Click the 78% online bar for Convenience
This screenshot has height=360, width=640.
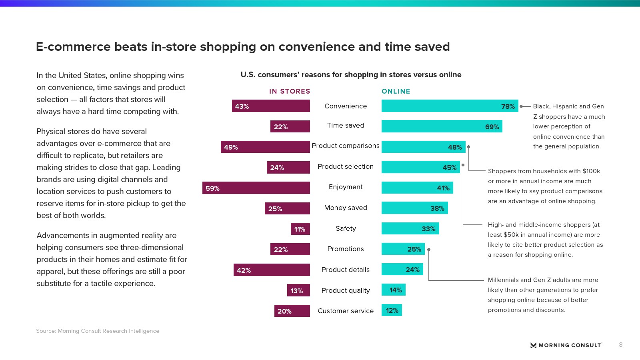(450, 106)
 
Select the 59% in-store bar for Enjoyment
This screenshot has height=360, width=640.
(256, 188)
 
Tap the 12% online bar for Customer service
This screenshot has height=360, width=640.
(392, 310)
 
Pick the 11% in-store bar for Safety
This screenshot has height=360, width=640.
(300, 229)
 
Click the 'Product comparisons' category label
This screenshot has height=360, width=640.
(346, 146)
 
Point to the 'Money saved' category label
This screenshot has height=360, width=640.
(346, 208)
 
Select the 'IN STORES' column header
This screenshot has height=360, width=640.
(290, 91)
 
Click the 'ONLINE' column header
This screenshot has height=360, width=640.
(396, 91)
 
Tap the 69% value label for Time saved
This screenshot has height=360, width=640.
(492, 127)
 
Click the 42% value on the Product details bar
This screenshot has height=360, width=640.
(244, 270)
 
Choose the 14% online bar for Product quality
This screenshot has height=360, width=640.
(394, 290)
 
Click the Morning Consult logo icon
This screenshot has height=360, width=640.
(533, 345)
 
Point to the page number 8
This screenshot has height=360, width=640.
(620, 345)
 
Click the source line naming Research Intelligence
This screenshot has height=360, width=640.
(98, 331)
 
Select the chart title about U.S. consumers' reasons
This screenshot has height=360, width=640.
(351, 75)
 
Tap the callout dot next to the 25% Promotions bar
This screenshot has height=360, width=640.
(429, 250)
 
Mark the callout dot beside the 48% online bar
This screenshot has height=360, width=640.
(469, 147)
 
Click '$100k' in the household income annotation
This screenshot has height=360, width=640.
(591, 171)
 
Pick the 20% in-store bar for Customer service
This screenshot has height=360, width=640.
(292, 311)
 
